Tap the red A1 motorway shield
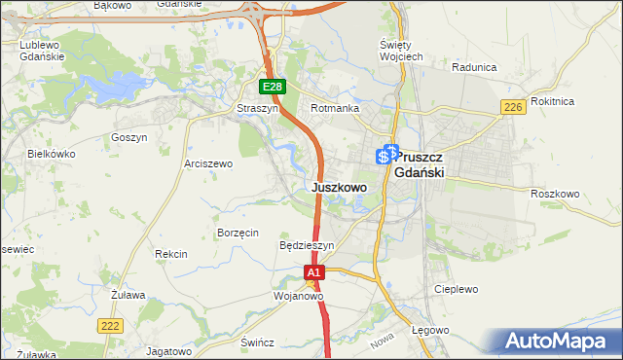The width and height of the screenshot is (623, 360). (313, 274)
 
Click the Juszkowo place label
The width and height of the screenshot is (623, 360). (339, 187)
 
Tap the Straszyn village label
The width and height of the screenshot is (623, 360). (258, 109)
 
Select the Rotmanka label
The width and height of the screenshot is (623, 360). (335, 109)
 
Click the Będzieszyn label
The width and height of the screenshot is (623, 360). (307, 246)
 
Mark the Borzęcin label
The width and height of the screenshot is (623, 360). (238, 234)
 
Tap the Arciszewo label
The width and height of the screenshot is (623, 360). (208, 163)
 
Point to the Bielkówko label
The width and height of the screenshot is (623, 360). (52, 154)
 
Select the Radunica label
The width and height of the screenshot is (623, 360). (475, 67)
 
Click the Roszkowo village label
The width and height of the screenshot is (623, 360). (555, 194)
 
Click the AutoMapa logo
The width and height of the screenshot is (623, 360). (559, 342)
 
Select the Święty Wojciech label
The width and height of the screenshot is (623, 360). (400, 51)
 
